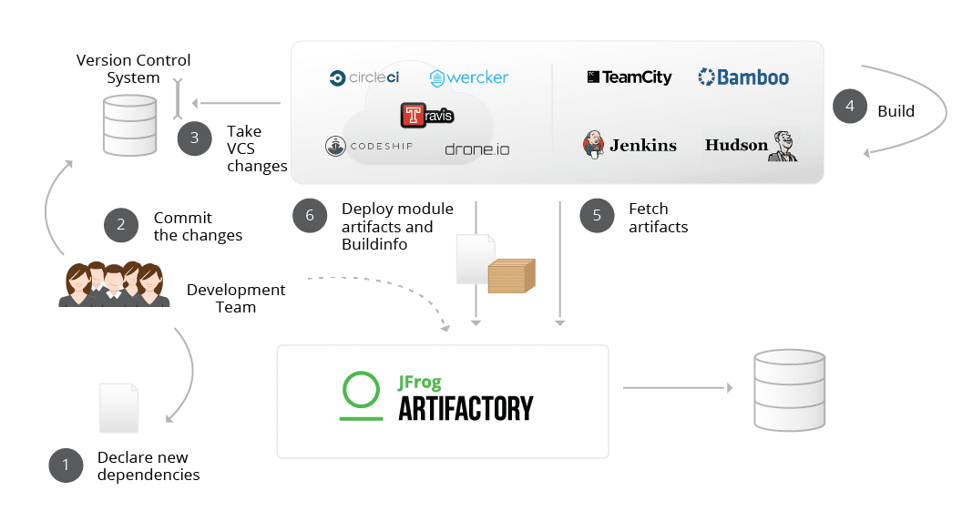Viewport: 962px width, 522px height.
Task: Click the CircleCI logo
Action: [364, 78]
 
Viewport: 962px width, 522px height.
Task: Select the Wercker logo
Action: [469, 78]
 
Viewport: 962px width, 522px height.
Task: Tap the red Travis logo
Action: [426, 116]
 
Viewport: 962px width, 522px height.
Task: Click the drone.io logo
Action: [476, 148]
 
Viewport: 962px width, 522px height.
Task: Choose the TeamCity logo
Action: [629, 77]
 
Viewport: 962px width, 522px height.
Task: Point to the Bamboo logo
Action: [743, 77]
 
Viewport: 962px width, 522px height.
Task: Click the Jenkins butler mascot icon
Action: [594, 145]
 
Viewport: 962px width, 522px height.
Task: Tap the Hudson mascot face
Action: [783, 146]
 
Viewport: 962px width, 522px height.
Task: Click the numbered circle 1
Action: [66, 466]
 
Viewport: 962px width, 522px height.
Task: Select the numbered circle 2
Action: [121, 226]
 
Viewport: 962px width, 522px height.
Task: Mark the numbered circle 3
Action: [194, 138]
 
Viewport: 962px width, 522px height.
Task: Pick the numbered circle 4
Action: [850, 107]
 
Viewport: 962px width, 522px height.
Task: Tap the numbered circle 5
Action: [597, 216]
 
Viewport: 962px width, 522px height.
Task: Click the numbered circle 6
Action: [310, 216]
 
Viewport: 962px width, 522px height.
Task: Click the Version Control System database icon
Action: [127, 124]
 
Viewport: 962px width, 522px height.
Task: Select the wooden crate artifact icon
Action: [511, 275]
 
